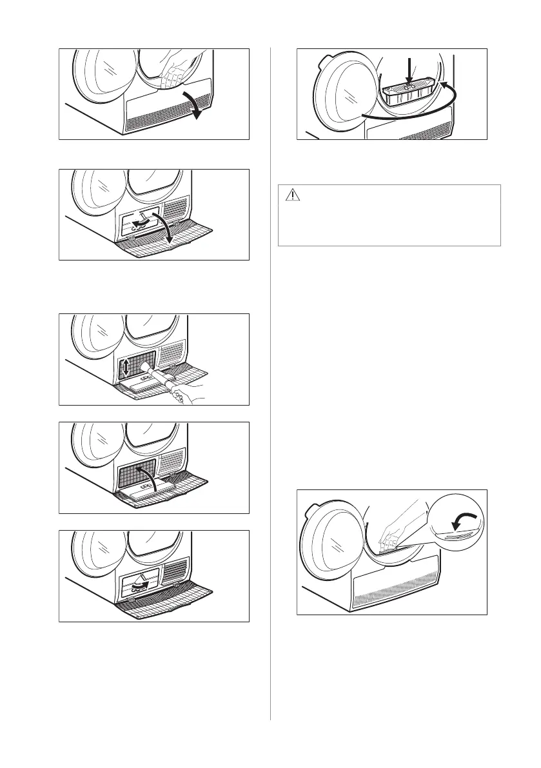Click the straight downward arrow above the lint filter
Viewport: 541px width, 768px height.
coord(408,70)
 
